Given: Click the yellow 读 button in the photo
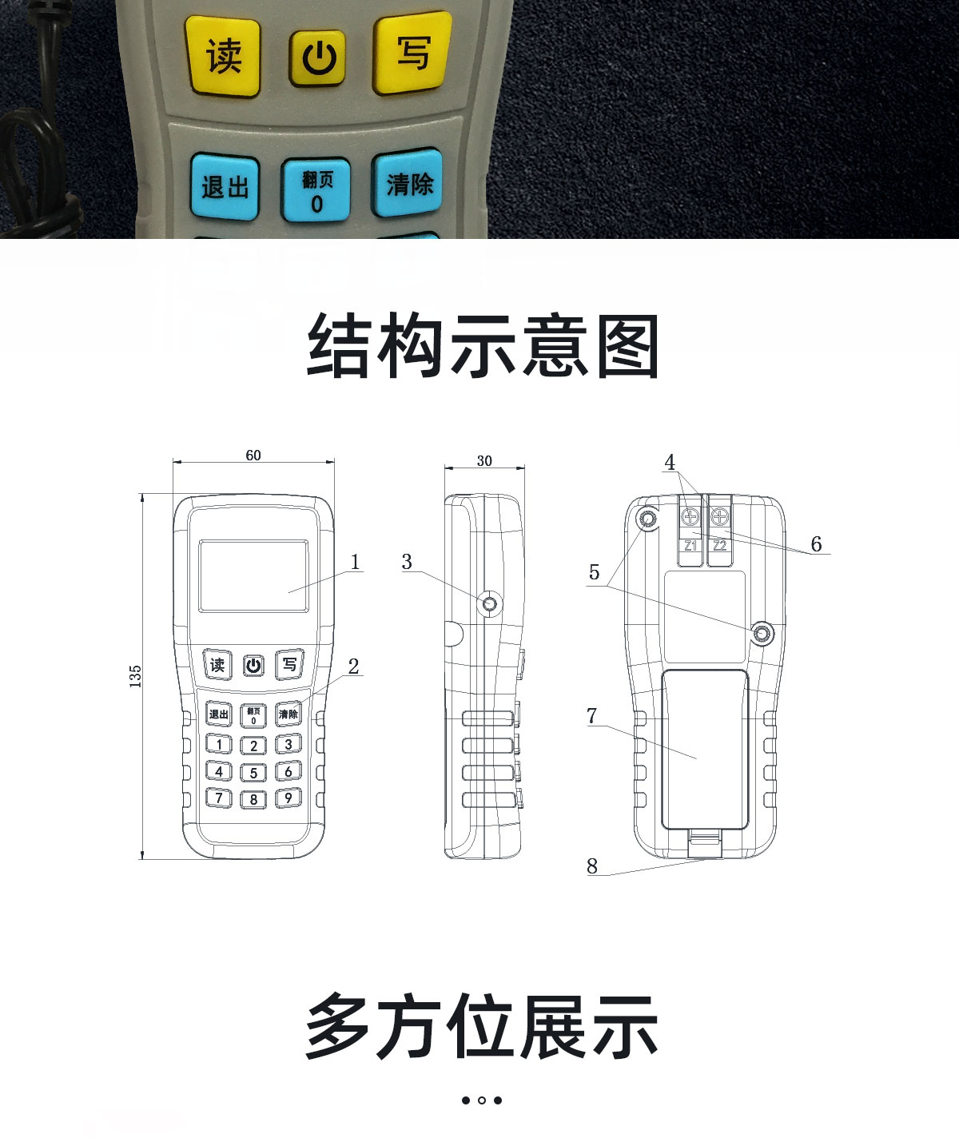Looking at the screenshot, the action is coord(223,56).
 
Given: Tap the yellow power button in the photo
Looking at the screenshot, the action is coord(318,58).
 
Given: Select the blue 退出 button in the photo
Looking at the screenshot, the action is coord(225,187).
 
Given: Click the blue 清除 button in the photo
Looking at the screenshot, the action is coord(408,184).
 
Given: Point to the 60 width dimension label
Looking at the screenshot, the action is coord(253,455).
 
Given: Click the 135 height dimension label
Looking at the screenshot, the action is coord(135,676).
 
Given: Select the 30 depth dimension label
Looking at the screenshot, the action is coord(484,460).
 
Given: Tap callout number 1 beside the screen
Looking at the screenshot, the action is coord(355,562).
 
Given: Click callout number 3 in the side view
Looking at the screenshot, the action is coord(407,562).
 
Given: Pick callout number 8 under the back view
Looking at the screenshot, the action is coord(591,866).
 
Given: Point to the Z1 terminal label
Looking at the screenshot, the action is coord(690,545).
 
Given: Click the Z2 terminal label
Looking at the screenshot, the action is coord(720,545).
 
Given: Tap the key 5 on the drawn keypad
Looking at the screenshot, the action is coord(253,773).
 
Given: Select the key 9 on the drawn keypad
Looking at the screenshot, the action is coord(288,798).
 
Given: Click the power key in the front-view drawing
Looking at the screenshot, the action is coord(253,666).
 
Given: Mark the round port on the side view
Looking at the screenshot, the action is coord(490,603).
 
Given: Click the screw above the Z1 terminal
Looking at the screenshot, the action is coord(690,516).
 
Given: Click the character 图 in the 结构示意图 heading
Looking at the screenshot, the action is coord(628,346).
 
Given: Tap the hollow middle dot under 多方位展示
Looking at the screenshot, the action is coord(481,1100).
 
